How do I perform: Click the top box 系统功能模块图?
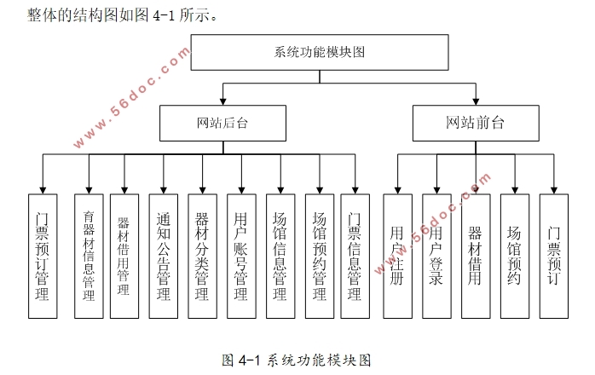(x=320, y=52)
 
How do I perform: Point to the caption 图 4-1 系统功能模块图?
(x=297, y=359)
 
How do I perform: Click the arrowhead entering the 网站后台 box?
(x=222, y=101)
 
